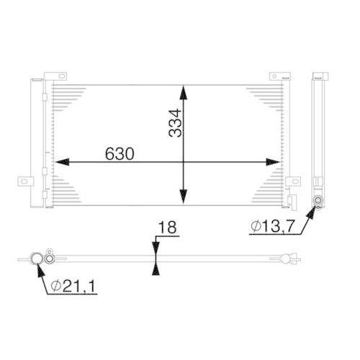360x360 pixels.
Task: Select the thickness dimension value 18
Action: (x=166, y=228)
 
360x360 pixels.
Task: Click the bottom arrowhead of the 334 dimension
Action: (x=184, y=197)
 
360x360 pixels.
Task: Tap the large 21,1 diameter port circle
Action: (x=35, y=258)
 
